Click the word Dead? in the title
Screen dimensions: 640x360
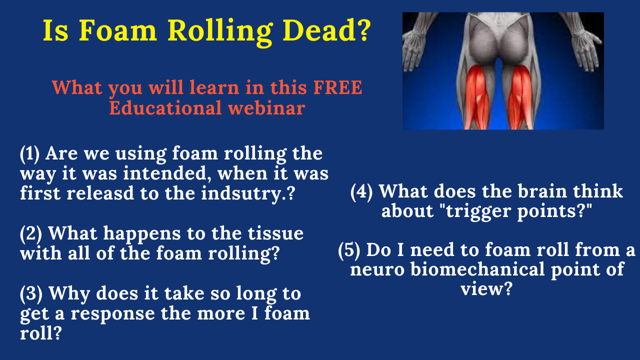tap(326, 30)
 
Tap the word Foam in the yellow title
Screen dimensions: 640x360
tap(117, 30)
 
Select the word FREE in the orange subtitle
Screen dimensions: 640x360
tap(337, 87)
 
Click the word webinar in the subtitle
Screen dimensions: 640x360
tap(266, 108)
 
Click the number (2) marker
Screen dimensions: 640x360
tap(31, 233)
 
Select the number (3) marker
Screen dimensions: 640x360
tap(31, 293)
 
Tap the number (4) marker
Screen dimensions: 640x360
tap(361, 191)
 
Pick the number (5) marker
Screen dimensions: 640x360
tap(349, 250)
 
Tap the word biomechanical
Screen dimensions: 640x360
tap(477, 269)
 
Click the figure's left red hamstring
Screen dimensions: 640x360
tap(475, 97)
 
